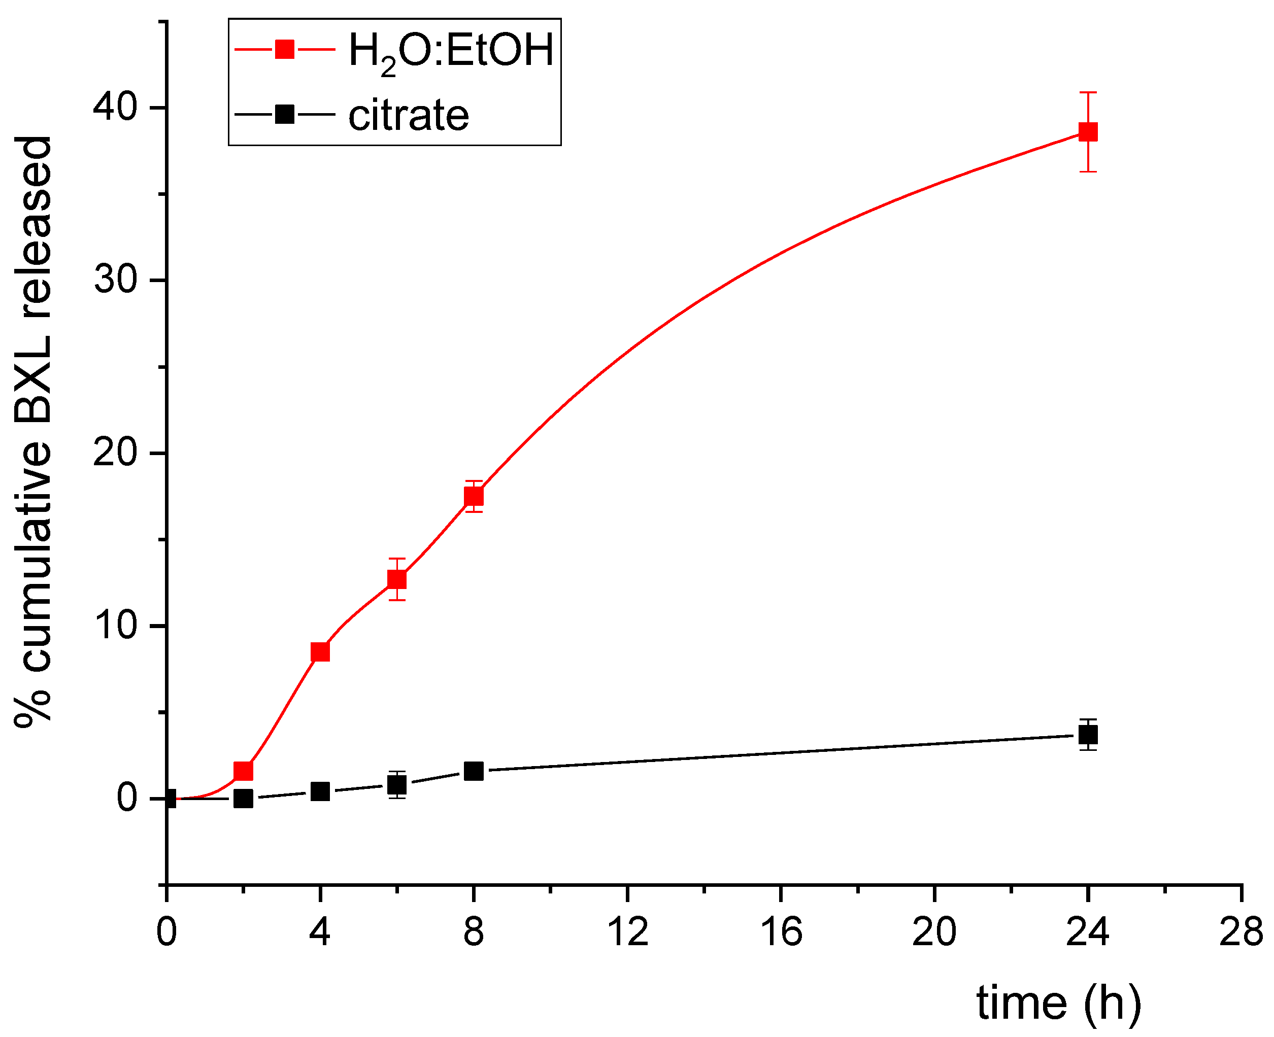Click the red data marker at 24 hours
pos(1088,131)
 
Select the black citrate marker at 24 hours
pos(1088,735)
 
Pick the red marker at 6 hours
pos(397,579)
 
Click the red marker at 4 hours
pos(320,652)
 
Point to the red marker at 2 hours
pos(243,771)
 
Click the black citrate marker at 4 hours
pos(320,791)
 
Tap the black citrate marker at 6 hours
pos(397,785)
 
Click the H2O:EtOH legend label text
pos(451,51)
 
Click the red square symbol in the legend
pos(284,49)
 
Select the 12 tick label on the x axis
pos(627,932)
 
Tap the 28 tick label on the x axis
pos(1241,932)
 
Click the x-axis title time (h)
pos(1058,1003)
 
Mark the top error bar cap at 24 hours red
pos(1088,92)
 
